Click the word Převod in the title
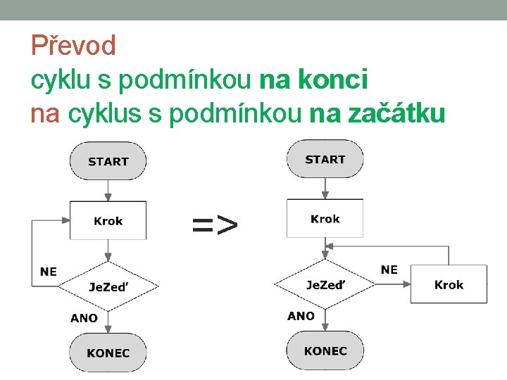[73, 46]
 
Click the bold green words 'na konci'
[314, 80]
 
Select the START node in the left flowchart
[108, 161]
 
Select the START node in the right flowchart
[325, 159]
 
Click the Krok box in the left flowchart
[108, 221]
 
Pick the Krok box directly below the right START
[325, 219]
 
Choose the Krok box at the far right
[449, 284]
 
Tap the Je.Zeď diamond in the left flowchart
[108, 286]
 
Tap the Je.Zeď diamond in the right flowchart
[325, 284]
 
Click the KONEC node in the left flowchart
[108, 353]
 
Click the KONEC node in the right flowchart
[325, 350]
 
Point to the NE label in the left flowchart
[49, 272]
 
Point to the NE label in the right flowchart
[389, 270]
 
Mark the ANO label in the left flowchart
[84, 318]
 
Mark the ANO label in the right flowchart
[301, 316]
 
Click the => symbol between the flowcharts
[215, 225]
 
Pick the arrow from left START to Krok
[108, 191]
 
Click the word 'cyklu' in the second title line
[61, 80]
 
